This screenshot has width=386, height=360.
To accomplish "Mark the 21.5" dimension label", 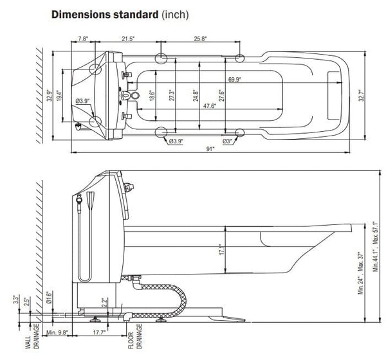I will tap(128, 39).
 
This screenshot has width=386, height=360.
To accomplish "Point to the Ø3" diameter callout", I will tap(227, 141).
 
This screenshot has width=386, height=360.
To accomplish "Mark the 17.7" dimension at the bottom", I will tap(99, 332).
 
